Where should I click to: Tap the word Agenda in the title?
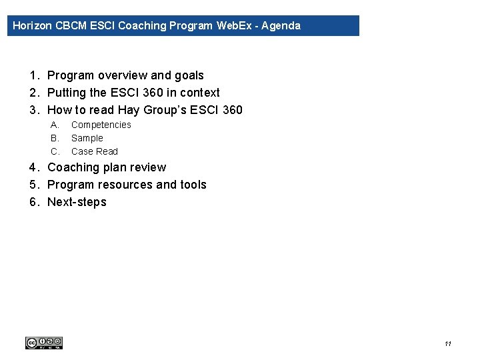coord(281,26)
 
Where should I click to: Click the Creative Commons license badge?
coord(43,343)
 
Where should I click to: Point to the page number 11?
coord(447,344)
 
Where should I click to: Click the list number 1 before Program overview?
coord(33,75)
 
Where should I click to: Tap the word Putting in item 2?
coord(66,93)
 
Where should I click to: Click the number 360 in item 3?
coord(231,110)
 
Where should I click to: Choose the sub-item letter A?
coord(55,125)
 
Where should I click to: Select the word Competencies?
coord(101,125)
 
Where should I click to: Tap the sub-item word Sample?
coord(87,138)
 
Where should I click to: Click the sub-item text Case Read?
coord(95,151)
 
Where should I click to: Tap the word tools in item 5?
coord(193,185)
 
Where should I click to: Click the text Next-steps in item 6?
coord(77,202)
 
